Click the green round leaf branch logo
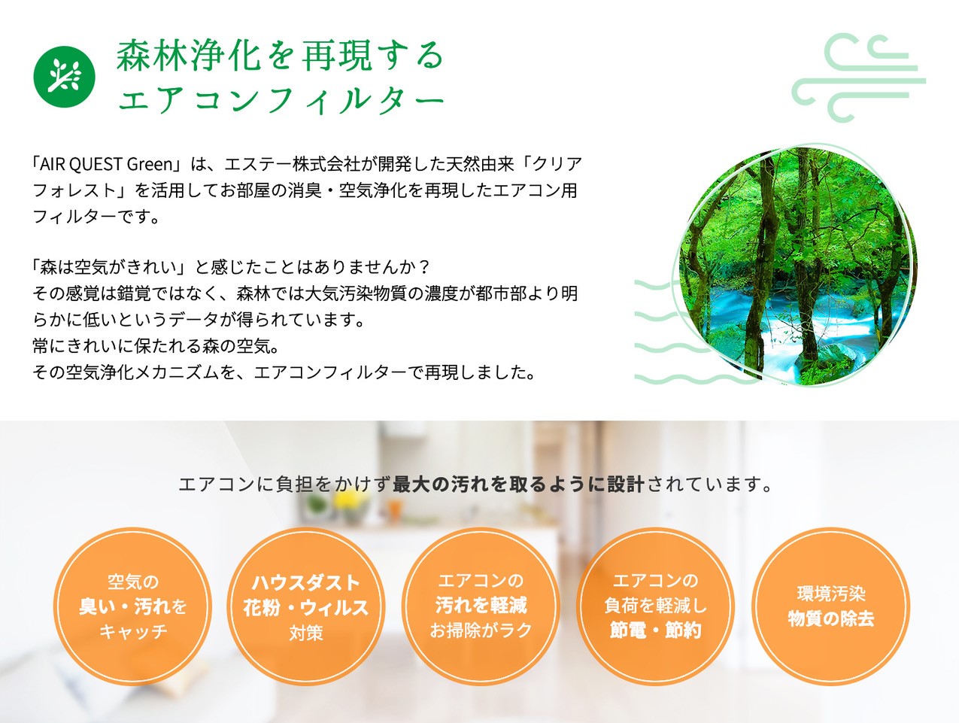pyautogui.click(x=64, y=77)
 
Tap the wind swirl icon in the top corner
pyautogui.click(x=858, y=77)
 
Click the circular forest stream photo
pyautogui.click(x=798, y=265)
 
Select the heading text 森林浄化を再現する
pyautogui.click(x=280, y=56)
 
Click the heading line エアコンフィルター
pyautogui.click(x=281, y=99)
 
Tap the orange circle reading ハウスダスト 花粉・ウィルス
pyautogui.click(x=306, y=606)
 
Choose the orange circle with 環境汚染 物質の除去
pyautogui.click(x=830, y=606)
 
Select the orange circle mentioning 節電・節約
pyautogui.click(x=655, y=606)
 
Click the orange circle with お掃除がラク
pyautogui.click(x=481, y=606)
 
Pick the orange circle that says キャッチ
pyautogui.click(x=133, y=606)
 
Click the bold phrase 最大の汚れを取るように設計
pyautogui.click(x=518, y=485)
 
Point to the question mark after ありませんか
pyautogui.click(x=423, y=267)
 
